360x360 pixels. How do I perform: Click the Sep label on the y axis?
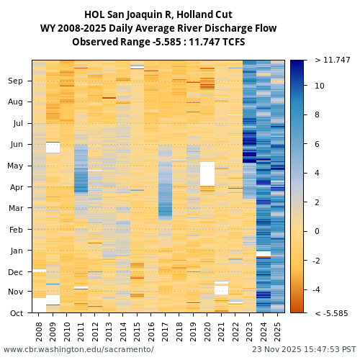(x=15, y=81)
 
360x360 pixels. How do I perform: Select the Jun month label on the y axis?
(x=16, y=145)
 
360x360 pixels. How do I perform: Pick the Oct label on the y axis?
(x=16, y=313)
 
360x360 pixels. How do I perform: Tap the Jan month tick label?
(x=16, y=251)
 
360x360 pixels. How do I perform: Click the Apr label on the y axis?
(x=16, y=187)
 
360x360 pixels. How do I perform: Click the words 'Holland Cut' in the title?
(x=204, y=14)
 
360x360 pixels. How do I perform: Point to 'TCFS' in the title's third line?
(x=232, y=42)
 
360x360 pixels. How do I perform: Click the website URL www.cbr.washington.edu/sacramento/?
(x=78, y=349)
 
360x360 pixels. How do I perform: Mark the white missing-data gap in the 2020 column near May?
(x=207, y=174)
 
